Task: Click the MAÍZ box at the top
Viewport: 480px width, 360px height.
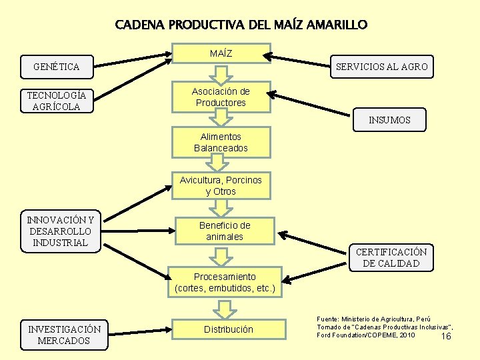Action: point(221,53)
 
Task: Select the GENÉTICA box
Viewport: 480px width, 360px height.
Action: point(57,67)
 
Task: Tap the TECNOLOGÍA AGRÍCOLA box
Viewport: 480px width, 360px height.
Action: point(57,101)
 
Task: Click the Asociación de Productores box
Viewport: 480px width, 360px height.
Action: point(221,97)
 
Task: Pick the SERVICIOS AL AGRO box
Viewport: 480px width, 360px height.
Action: point(382,67)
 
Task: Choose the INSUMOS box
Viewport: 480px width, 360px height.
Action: point(389,121)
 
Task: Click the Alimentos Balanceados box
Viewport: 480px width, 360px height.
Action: point(221,143)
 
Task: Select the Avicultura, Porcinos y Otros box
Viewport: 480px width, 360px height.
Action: point(221,185)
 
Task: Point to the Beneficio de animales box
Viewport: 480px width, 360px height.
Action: point(225,231)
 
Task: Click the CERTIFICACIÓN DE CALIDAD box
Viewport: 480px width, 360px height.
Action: point(391,257)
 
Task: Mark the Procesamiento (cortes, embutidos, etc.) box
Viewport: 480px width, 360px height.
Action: point(225,283)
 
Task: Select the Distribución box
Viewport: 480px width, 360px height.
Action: point(228,329)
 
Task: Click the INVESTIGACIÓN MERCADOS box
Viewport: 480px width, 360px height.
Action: point(65,335)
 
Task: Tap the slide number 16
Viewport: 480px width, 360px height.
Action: point(446,337)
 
